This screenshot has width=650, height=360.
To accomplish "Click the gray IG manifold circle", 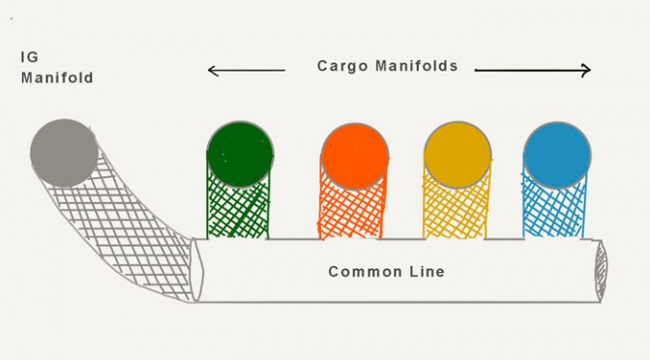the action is [64, 153].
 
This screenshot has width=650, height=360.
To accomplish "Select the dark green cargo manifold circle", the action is [240, 154].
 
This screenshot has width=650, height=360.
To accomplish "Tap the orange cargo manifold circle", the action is [355, 156].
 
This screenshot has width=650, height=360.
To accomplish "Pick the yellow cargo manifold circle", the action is [458, 155].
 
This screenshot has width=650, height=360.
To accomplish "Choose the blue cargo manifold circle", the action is [557, 155].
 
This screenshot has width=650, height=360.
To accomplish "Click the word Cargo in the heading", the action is [342, 67].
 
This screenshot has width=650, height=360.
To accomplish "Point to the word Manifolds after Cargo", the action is [417, 66].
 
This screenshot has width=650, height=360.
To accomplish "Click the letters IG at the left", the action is [29, 57].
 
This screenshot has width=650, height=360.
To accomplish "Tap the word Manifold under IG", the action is [57, 77].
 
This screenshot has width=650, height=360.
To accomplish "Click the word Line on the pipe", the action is [427, 272].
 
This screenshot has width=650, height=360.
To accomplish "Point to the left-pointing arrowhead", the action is [212, 71].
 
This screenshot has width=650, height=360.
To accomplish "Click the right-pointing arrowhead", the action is [586, 70].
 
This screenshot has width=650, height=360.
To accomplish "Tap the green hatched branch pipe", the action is [238, 209].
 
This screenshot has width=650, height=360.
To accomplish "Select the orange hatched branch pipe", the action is [351, 212].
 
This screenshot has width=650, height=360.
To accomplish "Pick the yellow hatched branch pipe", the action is [456, 212].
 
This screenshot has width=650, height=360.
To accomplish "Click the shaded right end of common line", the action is [601, 271].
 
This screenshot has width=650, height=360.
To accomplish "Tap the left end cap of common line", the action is [196, 270].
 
